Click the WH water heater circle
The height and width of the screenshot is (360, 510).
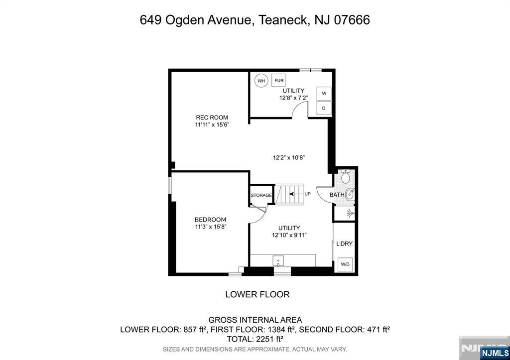coord(261,81)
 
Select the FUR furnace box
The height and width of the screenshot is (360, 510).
coord(279,80)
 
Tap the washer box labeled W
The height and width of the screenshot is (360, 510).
coord(324,94)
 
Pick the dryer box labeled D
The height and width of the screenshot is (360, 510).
coord(324,108)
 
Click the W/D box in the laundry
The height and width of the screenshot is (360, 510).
coord(345,264)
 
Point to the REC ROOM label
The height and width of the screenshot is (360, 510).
coord(212,118)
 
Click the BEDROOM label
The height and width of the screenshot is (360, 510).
coord(210,220)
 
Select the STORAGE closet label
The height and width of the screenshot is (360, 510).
coord(261,195)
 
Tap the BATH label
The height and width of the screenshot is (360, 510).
coord(337,195)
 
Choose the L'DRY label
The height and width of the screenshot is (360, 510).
coord(344,244)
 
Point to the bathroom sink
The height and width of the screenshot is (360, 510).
coord(350,195)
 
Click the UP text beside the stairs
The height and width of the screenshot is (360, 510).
coord(307,194)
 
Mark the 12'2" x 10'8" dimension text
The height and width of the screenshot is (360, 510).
coord(288,157)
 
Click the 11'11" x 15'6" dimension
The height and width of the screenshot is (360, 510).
coord(212,125)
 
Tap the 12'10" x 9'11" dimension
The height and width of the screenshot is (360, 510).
coord(289,235)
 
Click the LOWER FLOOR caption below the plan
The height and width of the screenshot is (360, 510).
coord(257,294)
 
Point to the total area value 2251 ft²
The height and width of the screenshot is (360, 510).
coord(269,339)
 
